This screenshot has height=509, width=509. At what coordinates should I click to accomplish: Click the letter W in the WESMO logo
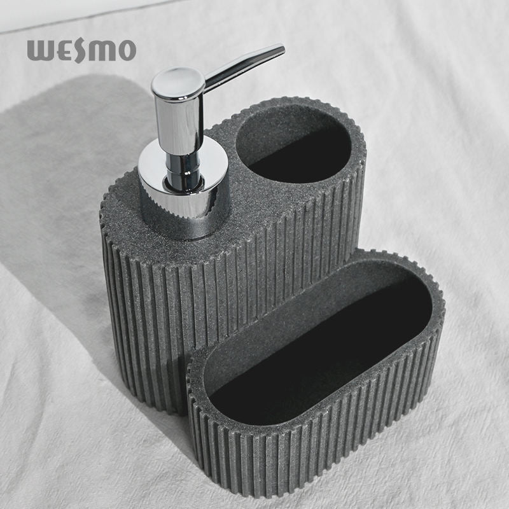pyautogui.click(x=39, y=51)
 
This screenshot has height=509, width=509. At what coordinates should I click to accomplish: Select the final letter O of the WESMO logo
pyautogui.click(x=125, y=51)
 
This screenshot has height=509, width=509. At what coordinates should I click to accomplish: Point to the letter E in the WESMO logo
pyautogui.click(x=62, y=51)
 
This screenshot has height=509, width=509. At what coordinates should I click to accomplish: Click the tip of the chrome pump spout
pyautogui.click(x=282, y=50)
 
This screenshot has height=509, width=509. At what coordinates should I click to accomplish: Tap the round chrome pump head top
pyautogui.click(x=178, y=83)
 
